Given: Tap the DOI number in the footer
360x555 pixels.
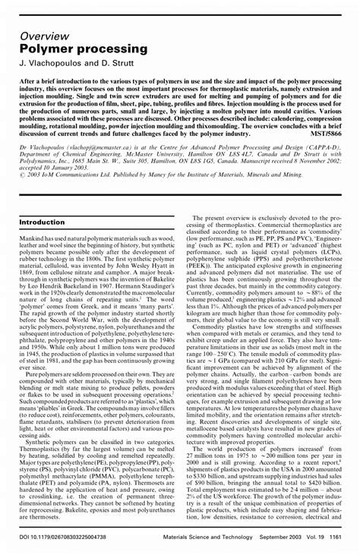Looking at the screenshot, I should point(75,538).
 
